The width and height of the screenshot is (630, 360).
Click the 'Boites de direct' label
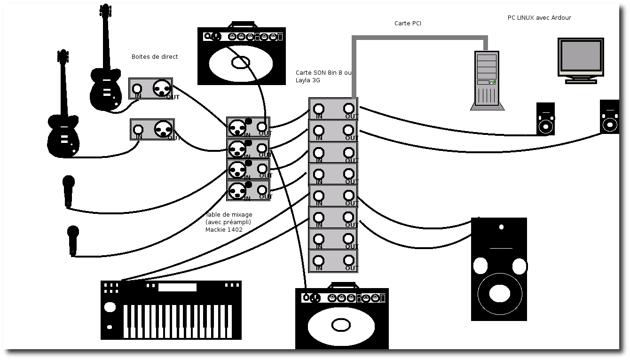coord(155,57)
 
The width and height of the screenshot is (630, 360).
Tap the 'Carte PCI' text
coord(408,23)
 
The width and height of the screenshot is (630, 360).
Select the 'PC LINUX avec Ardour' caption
coord(539,18)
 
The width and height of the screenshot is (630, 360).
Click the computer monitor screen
coord(581,55)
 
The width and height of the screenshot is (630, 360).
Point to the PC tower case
coord(487,78)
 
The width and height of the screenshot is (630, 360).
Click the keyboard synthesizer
coord(171,310)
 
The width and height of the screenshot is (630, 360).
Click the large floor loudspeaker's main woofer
coord(499,293)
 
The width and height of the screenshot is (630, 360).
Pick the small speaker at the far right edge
coord(610,117)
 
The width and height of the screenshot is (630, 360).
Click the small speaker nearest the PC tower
coord(545,119)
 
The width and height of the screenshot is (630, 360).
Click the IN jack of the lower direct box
coord(138,130)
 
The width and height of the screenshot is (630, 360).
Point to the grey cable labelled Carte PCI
coord(418,38)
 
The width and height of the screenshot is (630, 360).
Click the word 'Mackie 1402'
coord(224,230)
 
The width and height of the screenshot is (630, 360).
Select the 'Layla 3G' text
coord(308,80)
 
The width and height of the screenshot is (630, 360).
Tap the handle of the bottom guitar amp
coord(343,285)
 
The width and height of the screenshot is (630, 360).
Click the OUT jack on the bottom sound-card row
coord(348,260)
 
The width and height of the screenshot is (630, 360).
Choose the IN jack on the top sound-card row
coord(319,109)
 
